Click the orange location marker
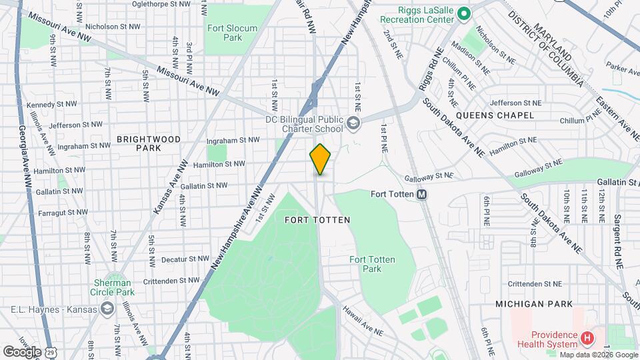[x=321, y=159]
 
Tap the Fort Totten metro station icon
[x=421, y=195]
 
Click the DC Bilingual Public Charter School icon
[x=353, y=122]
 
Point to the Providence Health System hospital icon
[x=587, y=339]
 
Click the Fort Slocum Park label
[x=224, y=33]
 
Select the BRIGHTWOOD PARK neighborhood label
[x=149, y=143]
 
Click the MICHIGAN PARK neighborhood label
[x=533, y=304]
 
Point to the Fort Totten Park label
[x=373, y=264]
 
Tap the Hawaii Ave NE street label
[x=363, y=321]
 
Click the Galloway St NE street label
[x=429, y=176]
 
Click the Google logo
[x=22, y=351]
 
